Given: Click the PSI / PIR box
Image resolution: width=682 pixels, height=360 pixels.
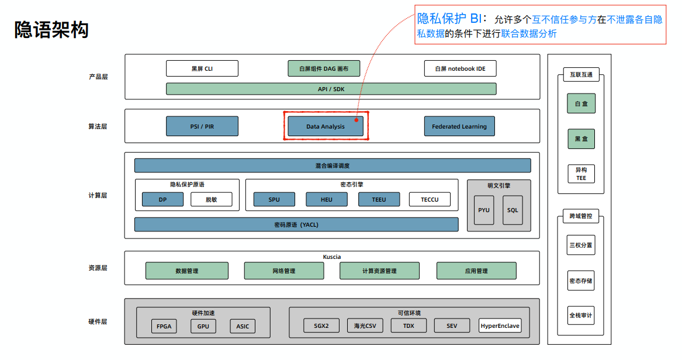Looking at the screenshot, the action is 202,126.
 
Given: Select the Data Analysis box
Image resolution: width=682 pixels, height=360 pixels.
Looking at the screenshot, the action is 326,126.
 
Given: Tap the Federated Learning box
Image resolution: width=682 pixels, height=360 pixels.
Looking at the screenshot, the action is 459,126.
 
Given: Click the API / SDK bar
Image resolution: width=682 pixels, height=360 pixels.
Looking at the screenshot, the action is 331,89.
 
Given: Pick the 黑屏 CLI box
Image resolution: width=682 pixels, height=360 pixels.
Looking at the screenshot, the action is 202,68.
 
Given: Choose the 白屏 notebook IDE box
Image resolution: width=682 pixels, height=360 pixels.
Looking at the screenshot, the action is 460,68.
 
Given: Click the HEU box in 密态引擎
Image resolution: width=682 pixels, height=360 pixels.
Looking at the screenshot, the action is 327,199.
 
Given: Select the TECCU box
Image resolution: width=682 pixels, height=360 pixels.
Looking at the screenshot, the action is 430,199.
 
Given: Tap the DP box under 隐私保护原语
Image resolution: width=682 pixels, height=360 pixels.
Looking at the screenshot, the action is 162,199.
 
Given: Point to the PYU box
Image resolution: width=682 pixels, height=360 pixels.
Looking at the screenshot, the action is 484,210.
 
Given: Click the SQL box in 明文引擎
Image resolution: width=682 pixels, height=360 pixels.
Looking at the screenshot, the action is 513,210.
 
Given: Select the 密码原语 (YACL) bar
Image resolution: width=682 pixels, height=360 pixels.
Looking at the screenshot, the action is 296,224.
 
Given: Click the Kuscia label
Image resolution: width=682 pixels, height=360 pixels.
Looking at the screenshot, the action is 332,257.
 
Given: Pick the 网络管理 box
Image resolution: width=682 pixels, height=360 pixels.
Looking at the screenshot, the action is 284,271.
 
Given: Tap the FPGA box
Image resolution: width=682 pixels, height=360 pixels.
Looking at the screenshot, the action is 164,326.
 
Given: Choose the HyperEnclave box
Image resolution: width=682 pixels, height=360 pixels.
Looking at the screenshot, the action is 500,326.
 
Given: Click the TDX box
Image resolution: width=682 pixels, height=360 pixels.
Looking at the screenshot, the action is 408,326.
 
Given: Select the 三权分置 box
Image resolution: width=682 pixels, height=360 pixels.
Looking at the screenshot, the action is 581,245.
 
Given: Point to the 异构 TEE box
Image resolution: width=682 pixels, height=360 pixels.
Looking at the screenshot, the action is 581,174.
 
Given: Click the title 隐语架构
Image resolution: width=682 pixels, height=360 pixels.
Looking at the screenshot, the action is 51,30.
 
